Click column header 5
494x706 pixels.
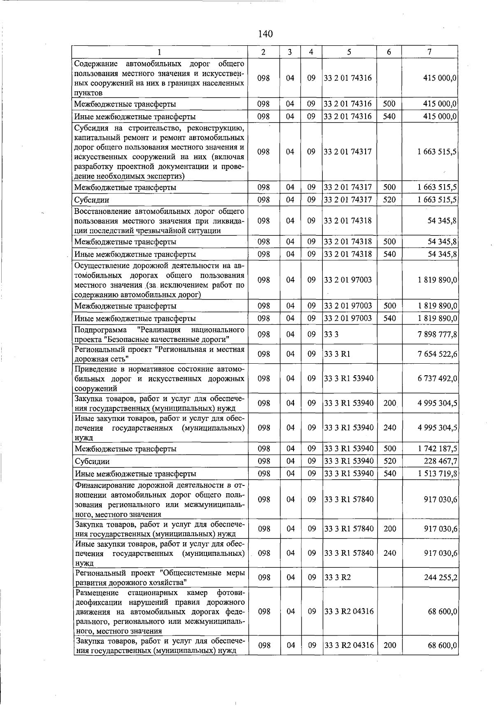(x=349, y=52)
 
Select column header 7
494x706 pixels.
(x=429, y=52)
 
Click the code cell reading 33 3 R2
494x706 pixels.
(x=338, y=578)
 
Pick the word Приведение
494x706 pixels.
(x=94, y=369)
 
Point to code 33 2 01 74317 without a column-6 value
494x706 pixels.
(x=348, y=152)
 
